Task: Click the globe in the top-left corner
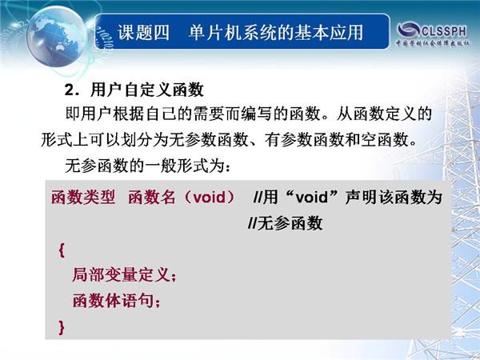coord(55,37)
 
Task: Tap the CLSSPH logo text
coord(445,30)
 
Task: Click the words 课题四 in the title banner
coord(143,33)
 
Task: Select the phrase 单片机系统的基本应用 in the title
coord(276,33)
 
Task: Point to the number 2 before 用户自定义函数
coord(69,90)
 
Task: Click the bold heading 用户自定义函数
coord(147,90)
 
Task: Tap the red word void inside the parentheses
coord(210,197)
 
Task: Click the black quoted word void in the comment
coord(312,197)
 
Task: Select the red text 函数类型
coord(83,197)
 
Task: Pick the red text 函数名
coord(151,197)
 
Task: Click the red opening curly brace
coord(62,250)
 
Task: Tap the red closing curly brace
coord(62,327)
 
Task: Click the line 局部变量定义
coord(124,274)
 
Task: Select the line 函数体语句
coord(116,300)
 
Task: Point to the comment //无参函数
coord(286,223)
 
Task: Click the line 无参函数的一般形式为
coord(147,166)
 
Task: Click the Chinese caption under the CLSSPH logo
coord(433,43)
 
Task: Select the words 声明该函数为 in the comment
coord(394,197)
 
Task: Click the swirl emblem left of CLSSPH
coord(408,30)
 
